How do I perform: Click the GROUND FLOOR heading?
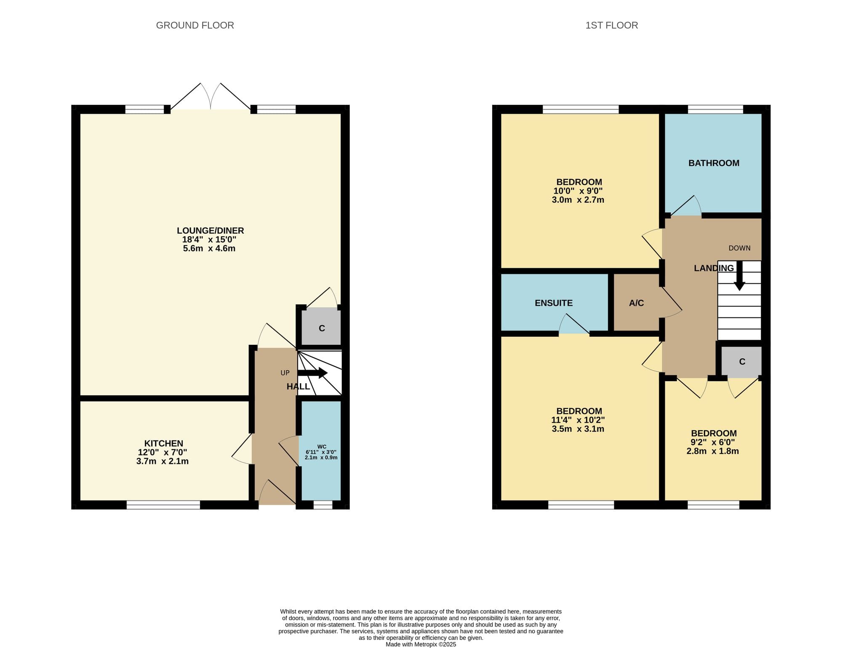tap(195, 25)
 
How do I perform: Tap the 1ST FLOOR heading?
tap(612, 25)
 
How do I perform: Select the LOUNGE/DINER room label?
tap(210, 231)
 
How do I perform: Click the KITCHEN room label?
tap(163, 443)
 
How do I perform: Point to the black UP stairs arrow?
tap(312, 373)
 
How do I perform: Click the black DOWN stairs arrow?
tap(739, 276)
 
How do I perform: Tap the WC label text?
tap(322, 447)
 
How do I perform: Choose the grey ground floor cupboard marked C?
tap(322, 328)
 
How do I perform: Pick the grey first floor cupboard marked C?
tap(742, 361)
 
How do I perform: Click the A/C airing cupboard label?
tap(636, 303)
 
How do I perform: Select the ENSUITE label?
tap(554, 303)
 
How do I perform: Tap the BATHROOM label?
tap(714, 163)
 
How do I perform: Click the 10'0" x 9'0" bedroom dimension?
tap(578, 191)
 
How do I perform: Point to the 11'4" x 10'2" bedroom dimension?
tap(578, 420)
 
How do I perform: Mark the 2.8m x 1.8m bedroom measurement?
tap(713, 451)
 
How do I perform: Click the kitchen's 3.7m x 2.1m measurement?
tap(163, 461)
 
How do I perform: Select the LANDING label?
tap(714, 268)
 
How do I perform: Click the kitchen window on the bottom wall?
tap(163, 505)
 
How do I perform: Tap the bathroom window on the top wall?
tap(715, 109)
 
